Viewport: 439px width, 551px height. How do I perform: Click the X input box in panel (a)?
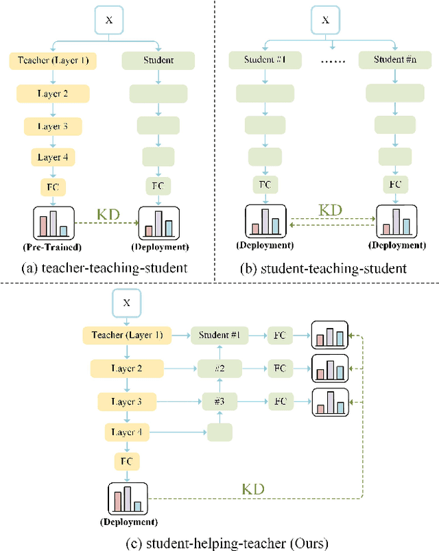click(109, 21)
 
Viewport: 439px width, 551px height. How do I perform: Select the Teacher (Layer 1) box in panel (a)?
click(53, 61)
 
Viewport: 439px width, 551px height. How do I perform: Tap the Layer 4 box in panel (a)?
click(53, 157)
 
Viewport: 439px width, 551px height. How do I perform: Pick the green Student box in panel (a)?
click(158, 61)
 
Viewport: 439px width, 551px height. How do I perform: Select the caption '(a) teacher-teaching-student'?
click(104, 267)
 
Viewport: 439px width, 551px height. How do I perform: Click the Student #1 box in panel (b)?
click(263, 60)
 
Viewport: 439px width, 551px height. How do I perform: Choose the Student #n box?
click(394, 60)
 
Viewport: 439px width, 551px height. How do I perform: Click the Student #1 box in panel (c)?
click(219, 336)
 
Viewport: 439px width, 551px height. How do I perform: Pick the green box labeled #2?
click(219, 368)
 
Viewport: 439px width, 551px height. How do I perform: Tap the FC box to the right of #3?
click(280, 401)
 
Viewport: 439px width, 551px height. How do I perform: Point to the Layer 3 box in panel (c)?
click(127, 401)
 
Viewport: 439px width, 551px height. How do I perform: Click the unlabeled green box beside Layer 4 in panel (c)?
click(219, 432)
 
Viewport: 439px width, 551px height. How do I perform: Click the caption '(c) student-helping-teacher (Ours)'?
click(219, 543)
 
